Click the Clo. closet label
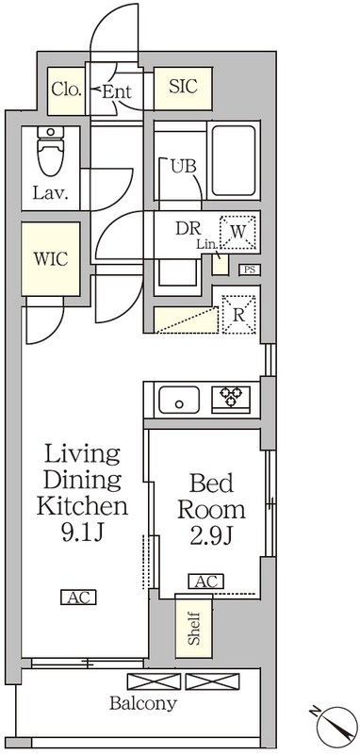(x=66, y=91)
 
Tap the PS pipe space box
(x=249, y=270)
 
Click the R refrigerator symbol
(x=238, y=315)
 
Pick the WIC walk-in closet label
(x=50, y=260)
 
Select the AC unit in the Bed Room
(x=205, y=582)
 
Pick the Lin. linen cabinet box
(x=220, y=264)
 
